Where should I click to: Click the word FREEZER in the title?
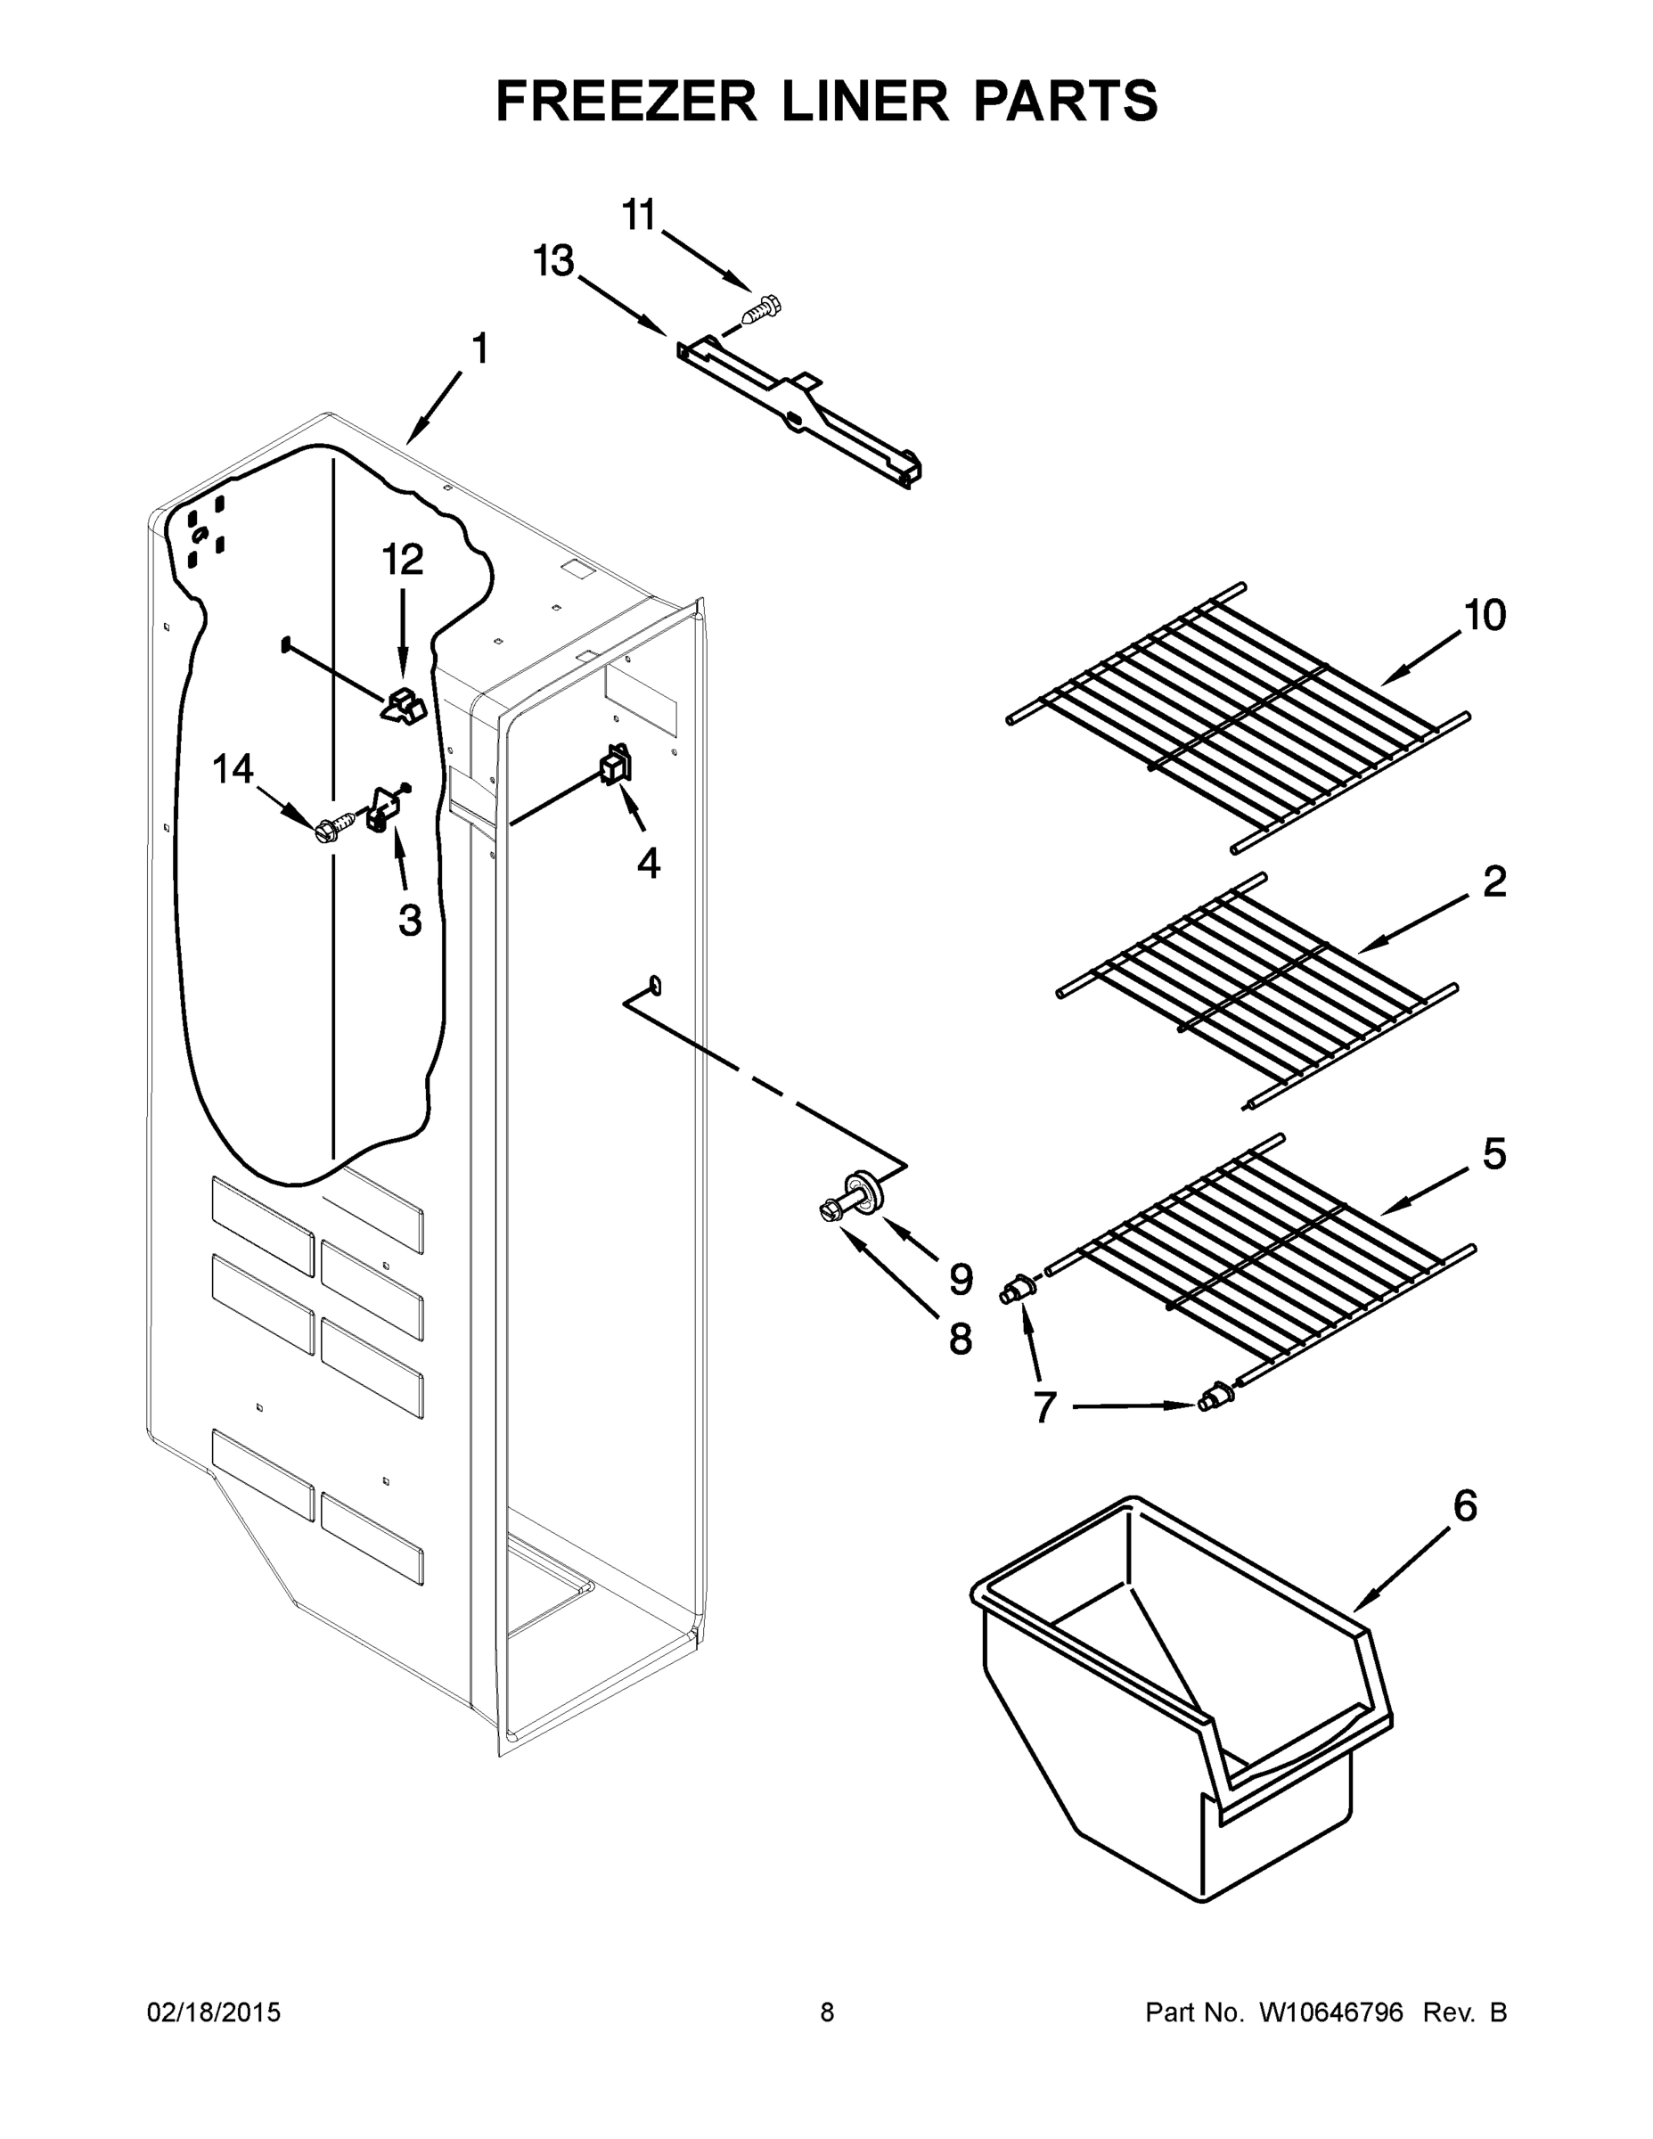pyautogui.click(x=626, y=101)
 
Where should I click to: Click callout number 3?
pyautogui.click(x=409, y=920)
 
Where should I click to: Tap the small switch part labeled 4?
pyautogui.click(x=616, y=762)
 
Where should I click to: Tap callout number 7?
pyautogui.click(x=1045, y=1407)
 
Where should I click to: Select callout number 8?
pyautogui.click(x=960, y=1339)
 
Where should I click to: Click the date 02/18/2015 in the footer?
pyautogui.click(x=214, y=2012)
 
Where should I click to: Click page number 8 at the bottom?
pyautogui.click(x=827, y=2012)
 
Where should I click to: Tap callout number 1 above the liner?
pyautogui.click(x=479, y=349)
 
